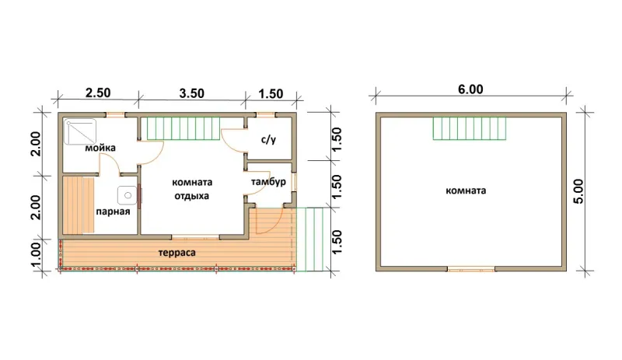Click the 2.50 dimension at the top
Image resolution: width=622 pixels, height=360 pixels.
coord(98,93)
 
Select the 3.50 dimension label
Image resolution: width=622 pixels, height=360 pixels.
coord(191,93)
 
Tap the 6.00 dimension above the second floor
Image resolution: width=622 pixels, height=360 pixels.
coord(470,89)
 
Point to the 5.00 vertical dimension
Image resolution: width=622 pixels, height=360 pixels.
coord(578,191)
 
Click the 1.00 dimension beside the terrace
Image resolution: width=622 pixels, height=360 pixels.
coord(35,255)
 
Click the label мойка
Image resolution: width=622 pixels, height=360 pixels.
coord(100,148)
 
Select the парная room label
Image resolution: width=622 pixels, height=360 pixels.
coord(113,211)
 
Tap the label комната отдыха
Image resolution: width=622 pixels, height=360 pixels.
coord(192,189)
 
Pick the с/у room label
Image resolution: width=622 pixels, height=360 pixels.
coord(268,140)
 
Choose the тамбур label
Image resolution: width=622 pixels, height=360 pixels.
coord(268,182)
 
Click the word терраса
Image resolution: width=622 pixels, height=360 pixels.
coord(177,253)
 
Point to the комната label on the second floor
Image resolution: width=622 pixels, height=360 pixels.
coord(466,190)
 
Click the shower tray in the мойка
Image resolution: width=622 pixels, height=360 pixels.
coord(81,131)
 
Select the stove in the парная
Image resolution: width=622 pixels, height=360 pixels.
coord(128,195)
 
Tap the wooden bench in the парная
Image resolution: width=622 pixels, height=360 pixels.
coord(79,205)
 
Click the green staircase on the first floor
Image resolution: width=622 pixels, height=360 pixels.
coord(183,128)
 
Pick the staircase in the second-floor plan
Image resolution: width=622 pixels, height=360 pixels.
coord(470,128)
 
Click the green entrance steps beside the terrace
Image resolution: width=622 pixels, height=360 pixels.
coord(309,239)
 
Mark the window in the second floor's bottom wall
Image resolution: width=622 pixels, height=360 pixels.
coord(471,269)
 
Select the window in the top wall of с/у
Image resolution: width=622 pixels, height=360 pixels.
coord(266,115)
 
